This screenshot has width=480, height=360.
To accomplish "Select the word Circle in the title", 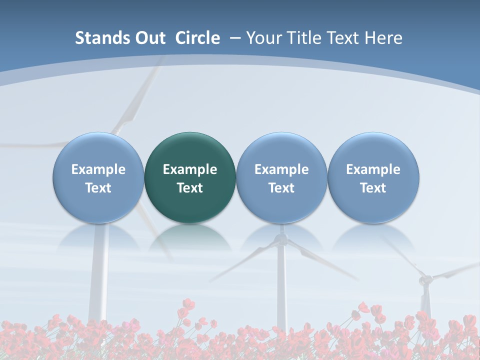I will (197, 38).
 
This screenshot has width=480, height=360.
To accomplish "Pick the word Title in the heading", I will (304, 38).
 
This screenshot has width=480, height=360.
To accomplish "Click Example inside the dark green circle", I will (190, 169).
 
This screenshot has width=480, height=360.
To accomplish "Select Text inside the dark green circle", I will (190, 188).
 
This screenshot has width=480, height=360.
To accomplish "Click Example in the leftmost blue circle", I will (98, 169).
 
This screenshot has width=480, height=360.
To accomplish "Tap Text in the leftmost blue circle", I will (98, 188).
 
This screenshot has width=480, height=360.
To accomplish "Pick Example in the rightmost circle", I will (373, 169).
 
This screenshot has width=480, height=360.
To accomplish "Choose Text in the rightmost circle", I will (373, 188).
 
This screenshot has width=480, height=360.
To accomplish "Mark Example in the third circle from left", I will (281, 169).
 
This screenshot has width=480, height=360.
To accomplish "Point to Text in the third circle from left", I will (281, 188).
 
